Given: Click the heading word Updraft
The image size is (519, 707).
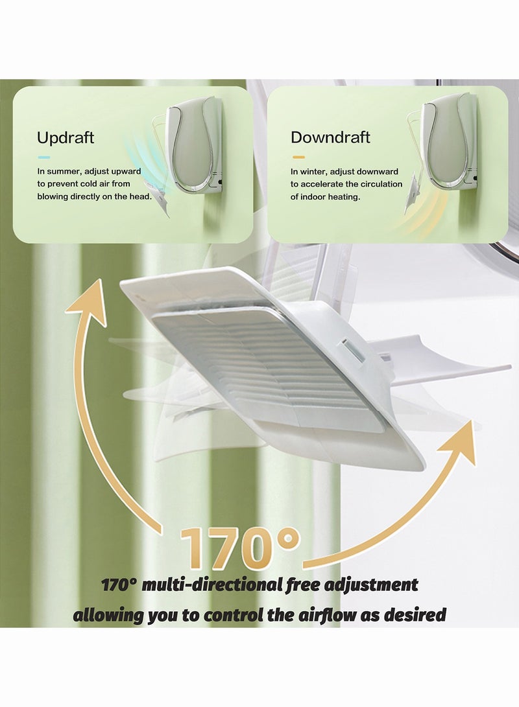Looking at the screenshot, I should click(65, 137).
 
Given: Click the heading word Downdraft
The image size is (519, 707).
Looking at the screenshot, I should click(330, 137).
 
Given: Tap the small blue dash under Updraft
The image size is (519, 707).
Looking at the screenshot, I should click(44, 157).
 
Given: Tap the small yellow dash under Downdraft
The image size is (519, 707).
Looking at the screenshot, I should click(298, 157).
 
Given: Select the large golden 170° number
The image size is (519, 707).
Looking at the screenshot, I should click(240, 548).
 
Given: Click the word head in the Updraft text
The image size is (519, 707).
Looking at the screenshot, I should click(140, 196).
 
